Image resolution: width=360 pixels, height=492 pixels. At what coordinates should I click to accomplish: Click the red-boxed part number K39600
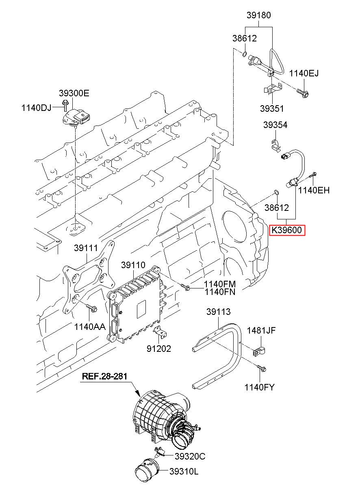287,230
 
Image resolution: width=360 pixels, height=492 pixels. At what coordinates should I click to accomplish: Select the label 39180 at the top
258,15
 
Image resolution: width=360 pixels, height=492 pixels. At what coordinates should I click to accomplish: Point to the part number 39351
272,108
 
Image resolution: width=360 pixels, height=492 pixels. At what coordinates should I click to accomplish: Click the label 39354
275,125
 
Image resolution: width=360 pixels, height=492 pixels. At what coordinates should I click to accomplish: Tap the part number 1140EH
314,190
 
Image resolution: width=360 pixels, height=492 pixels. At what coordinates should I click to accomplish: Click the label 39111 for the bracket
86,248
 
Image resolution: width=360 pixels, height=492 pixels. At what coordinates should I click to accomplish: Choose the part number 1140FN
220,292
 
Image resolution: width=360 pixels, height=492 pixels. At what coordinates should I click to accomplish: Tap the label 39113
218,312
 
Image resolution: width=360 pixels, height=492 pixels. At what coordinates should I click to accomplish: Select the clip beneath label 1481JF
259,352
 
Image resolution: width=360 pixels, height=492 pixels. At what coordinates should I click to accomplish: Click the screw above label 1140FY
261,368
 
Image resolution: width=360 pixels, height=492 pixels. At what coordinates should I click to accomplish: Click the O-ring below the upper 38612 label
245,54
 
